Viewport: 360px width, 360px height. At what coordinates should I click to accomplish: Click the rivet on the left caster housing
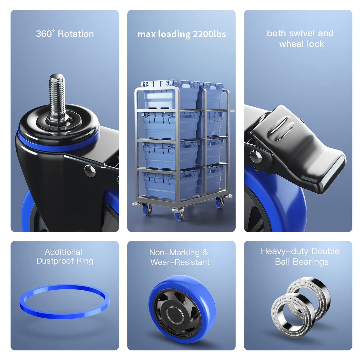(x=90, y=171)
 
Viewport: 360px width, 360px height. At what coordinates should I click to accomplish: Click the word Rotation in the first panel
(x=76, y=34)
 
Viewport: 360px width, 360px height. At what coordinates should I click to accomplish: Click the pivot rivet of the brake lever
(x=256, y=156)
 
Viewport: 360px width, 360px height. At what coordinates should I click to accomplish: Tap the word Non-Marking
(x=174, y=253)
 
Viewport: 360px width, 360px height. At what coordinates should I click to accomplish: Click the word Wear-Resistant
(x=180, y=262)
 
